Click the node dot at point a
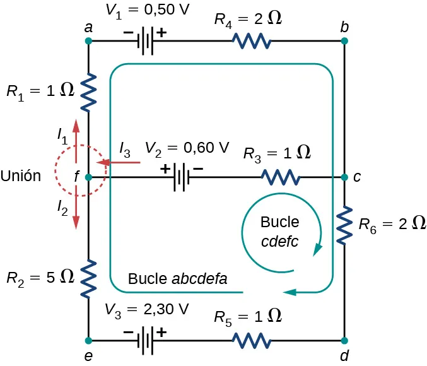point(88,42)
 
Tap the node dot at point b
point(344,42)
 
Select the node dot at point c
point(344,177)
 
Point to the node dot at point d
point(344,340)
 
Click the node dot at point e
point(88,340)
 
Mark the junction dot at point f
point(88,177)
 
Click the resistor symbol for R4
point(252,42)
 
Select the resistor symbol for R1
point(88,92)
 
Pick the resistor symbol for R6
point(344,224)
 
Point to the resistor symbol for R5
point(252,340)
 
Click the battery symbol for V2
point(182,177)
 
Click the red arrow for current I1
point(76,133)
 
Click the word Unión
point(21,176)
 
